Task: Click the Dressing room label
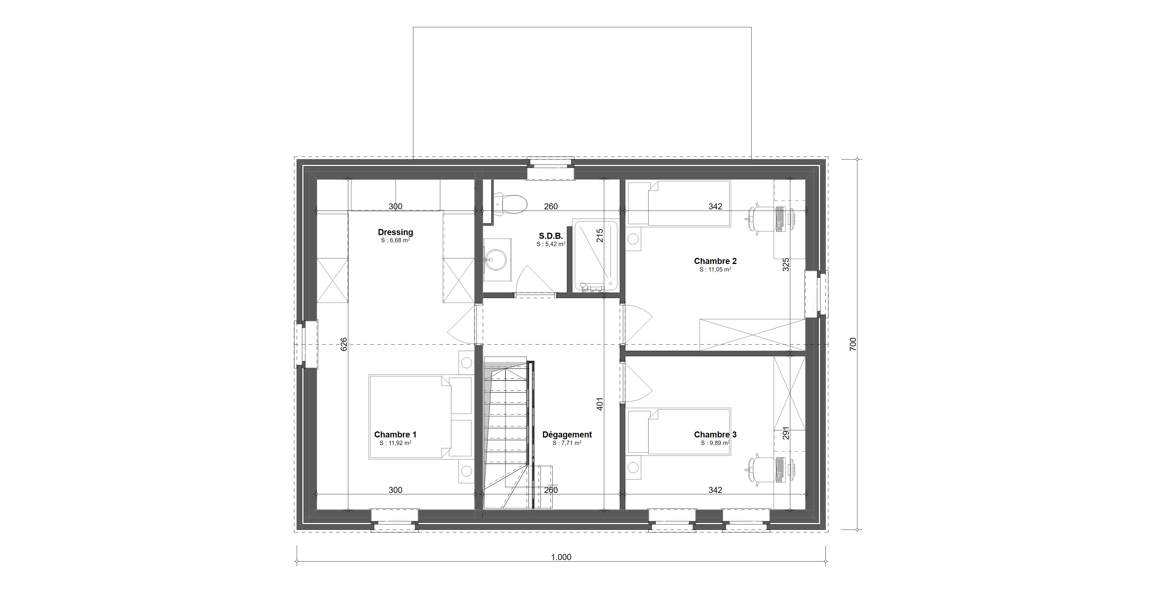coord(395,232)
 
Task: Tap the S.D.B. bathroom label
coord(551,236)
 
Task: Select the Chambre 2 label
coord(715,261)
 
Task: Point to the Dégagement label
coord(567,435)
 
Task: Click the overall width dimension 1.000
coord(561,557)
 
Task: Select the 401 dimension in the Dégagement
coord(600,404)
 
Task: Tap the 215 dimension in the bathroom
coord(600,235)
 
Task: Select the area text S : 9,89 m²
coord(715,443)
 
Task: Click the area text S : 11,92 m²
coord(395,443)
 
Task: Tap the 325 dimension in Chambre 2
coord(785,264)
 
